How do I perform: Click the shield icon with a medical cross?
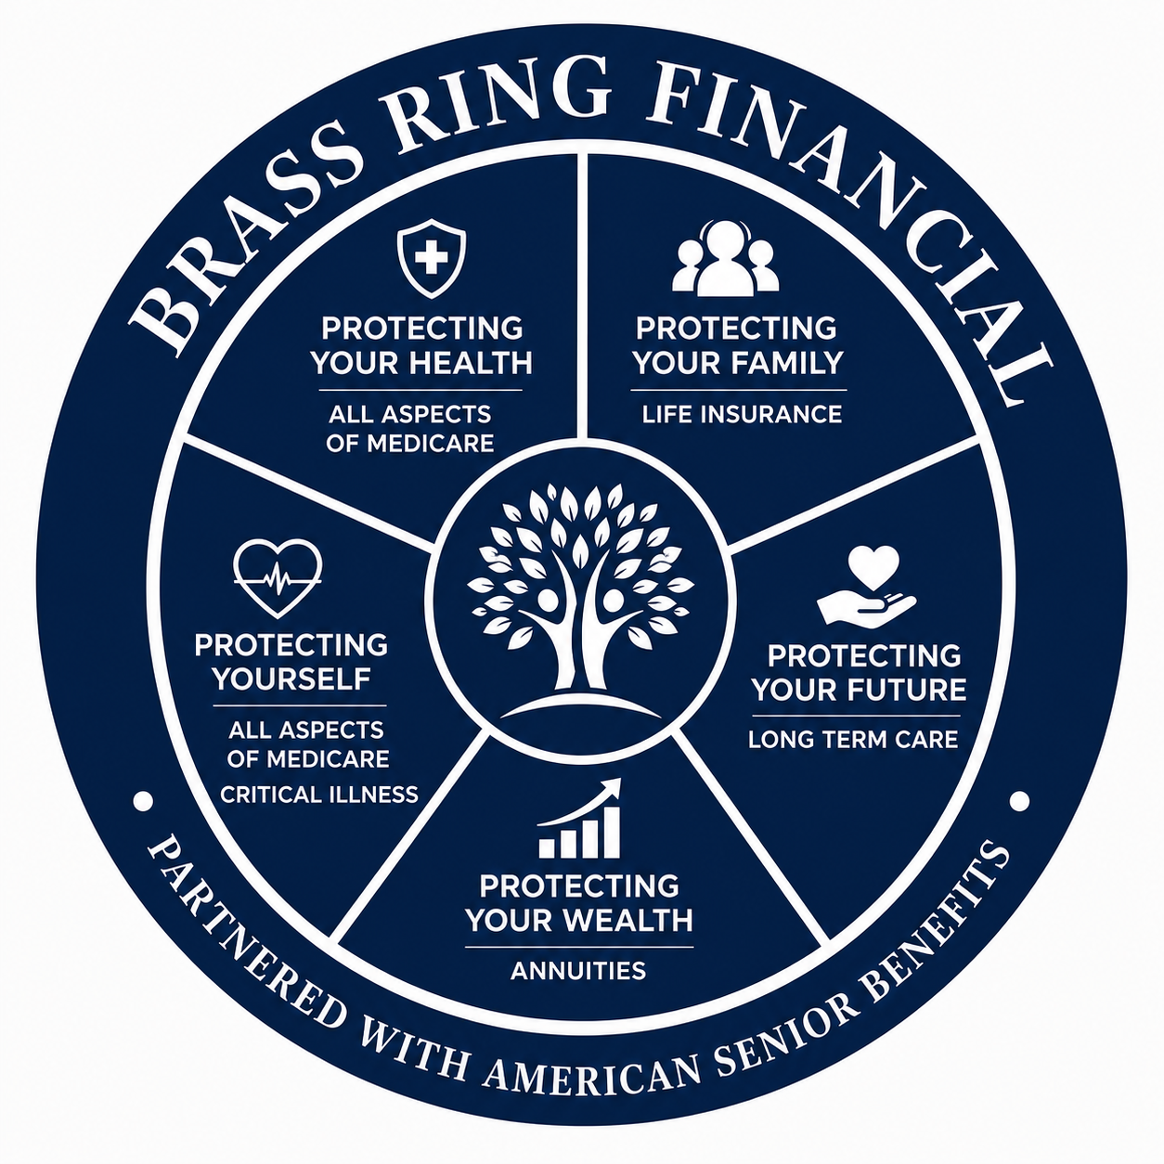coord(432,259)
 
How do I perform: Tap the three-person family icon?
coord(726,258)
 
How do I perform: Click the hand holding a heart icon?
coord(867,585)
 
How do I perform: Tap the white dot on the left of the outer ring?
coord(143,801)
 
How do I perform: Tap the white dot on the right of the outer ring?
coord(1019,801)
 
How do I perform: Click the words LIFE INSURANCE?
coord(741,414)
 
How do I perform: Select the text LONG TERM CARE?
coord(853,740)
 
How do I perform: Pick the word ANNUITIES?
coord(578,971)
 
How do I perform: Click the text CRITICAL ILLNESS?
coord(319,795)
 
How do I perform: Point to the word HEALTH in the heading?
coord(472,363)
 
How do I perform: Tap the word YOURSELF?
coord(291,679)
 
